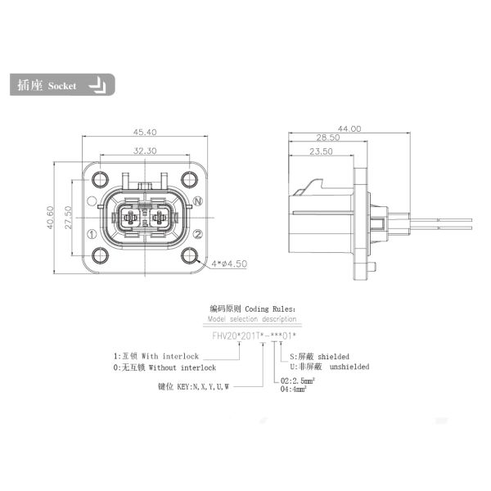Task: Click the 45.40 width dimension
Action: [x=145, y=131]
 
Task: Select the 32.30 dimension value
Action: [x=145, y=151]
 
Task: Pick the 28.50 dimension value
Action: [x=328, y=139]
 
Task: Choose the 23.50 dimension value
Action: [x=320, y=152]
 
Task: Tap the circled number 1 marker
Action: [x=92, y=234]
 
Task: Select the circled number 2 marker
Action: [x=197, y=234]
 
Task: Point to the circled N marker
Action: [x=198, y=200]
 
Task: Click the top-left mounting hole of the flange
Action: [x=101, y=179]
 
